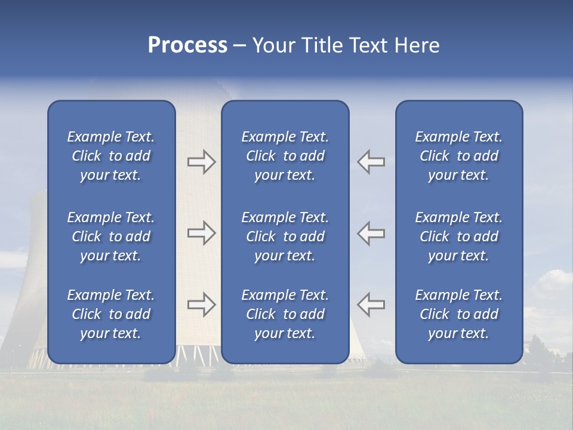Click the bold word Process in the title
pos(187,45)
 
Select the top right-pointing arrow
pos(201,162)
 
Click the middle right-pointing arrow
pos(201,233)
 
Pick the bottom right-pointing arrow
pos(201,305)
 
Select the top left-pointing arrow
pos(371,162)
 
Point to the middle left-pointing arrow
pos(371,233)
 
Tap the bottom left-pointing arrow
pos(371,305)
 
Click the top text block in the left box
pos(111,156)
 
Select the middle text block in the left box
pos(111,236)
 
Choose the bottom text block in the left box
pos(111,314)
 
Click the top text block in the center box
pos(285,156)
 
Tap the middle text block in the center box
pos(285,236)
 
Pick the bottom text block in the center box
pos(285,314)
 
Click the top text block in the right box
pos(459,156)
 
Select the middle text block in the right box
pos(459,236)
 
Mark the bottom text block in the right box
pos(459,314)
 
